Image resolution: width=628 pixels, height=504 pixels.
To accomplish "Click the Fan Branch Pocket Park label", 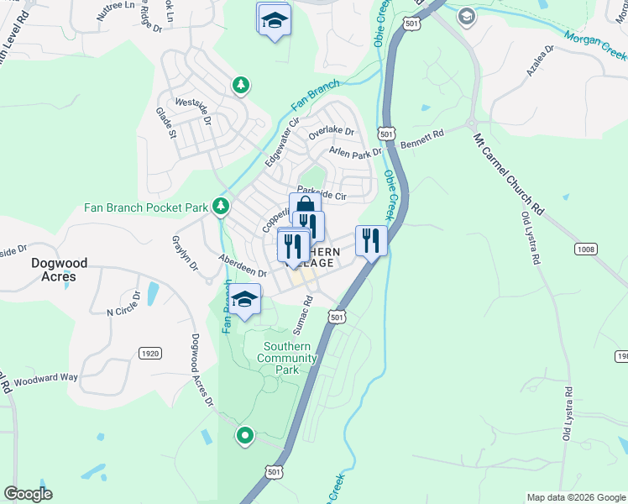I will coord(145,207).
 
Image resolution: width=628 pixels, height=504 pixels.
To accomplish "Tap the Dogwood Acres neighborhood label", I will coord(54,269).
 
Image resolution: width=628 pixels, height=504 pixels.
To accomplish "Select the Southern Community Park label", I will coord(287,358).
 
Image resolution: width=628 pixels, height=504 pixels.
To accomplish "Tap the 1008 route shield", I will coord(587,249).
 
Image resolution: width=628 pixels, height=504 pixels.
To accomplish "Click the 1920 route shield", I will coord(149,354).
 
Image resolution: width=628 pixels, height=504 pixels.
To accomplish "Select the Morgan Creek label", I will coord(595,45).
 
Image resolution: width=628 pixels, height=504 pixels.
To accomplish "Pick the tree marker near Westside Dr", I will coord(241,85).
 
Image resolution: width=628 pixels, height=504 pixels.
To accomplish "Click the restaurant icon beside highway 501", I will coord(371,240).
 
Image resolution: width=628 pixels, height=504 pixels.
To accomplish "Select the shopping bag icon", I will coord(305,207).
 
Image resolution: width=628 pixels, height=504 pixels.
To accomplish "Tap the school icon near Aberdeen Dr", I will coord(244,300).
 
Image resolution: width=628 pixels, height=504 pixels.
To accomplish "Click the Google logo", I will coord(28,494).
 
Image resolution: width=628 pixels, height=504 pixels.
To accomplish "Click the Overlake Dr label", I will coord(331,132).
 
